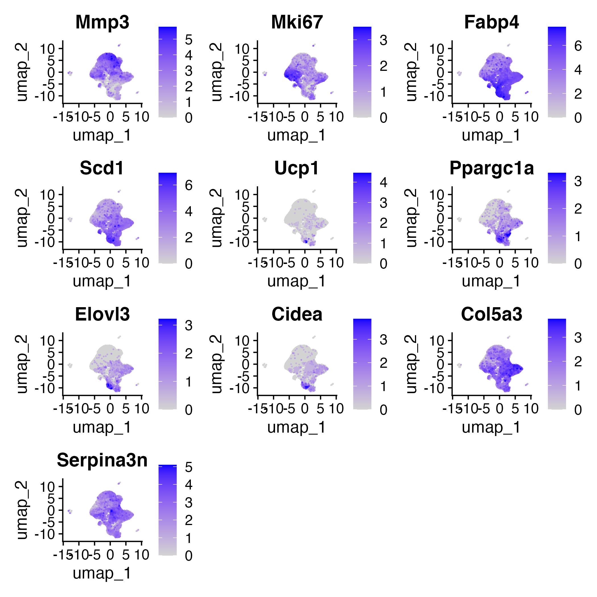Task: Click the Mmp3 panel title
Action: point(102,22)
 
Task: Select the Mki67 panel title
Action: point(297,22)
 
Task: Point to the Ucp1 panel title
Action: point(297,168)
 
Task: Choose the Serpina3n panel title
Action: point(102,460)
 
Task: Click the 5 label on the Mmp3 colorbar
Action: point(189,40)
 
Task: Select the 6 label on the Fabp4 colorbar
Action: point(578,46)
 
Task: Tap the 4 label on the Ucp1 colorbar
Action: point(383,182)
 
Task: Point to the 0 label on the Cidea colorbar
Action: point(383,410)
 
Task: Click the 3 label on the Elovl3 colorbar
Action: point(189,325)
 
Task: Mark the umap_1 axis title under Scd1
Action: point(102,281)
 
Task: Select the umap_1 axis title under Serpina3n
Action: point(102,573)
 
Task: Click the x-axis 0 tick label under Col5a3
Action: point(499,409)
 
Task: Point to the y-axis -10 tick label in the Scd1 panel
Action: point(44,242)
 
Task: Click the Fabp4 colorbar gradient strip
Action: point(557,72)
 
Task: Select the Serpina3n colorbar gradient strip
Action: point(168,510)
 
